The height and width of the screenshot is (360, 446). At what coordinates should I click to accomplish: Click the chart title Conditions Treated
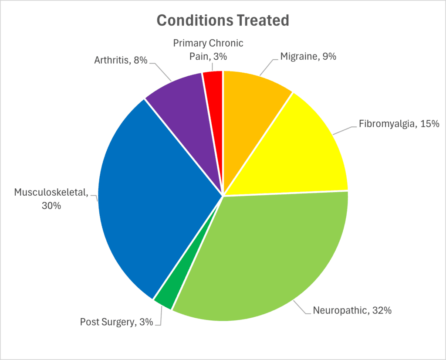(223, 20)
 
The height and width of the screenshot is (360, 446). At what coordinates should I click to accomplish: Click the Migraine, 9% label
(308, 56)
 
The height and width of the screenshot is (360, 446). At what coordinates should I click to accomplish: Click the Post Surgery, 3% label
(116, 323)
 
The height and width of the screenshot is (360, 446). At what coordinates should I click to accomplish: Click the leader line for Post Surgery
(160, 317)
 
